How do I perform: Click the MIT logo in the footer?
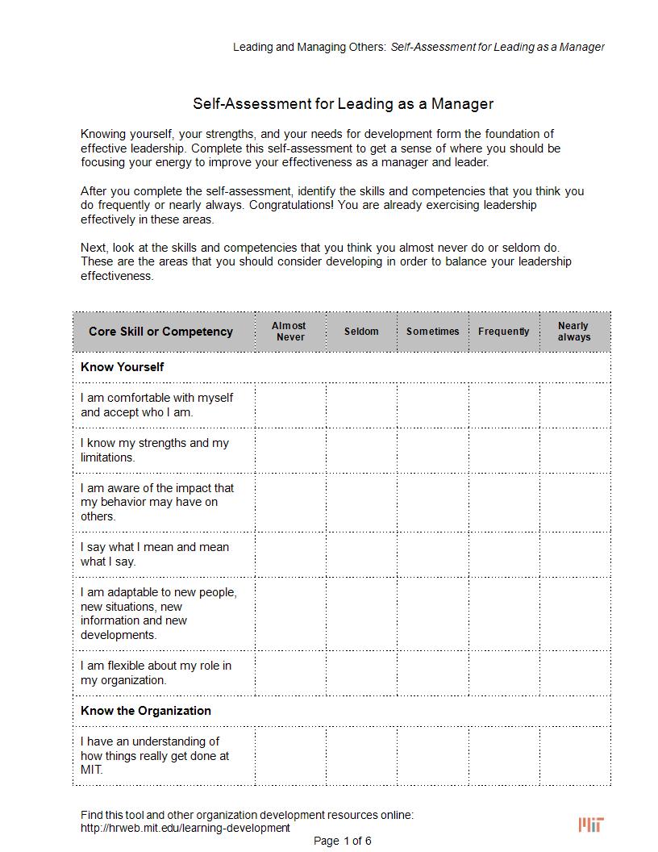591,824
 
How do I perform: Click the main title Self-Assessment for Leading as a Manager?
343,104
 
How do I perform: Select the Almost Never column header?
289,332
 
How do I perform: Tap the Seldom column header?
361,332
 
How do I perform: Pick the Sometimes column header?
433,332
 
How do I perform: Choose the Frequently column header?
504,332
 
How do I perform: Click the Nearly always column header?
574,332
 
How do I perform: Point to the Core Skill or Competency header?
160,332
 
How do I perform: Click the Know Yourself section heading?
123,367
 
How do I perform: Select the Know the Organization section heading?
146,711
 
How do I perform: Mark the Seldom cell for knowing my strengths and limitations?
361,450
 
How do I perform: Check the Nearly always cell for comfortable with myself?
574,405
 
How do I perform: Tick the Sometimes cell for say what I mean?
433,554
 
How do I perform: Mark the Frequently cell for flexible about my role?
504,673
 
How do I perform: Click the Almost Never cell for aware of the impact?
289,502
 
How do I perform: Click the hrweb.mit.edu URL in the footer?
185,828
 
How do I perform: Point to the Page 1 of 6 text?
343,841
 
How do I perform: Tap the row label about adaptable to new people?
159,613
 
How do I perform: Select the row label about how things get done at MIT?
155,755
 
